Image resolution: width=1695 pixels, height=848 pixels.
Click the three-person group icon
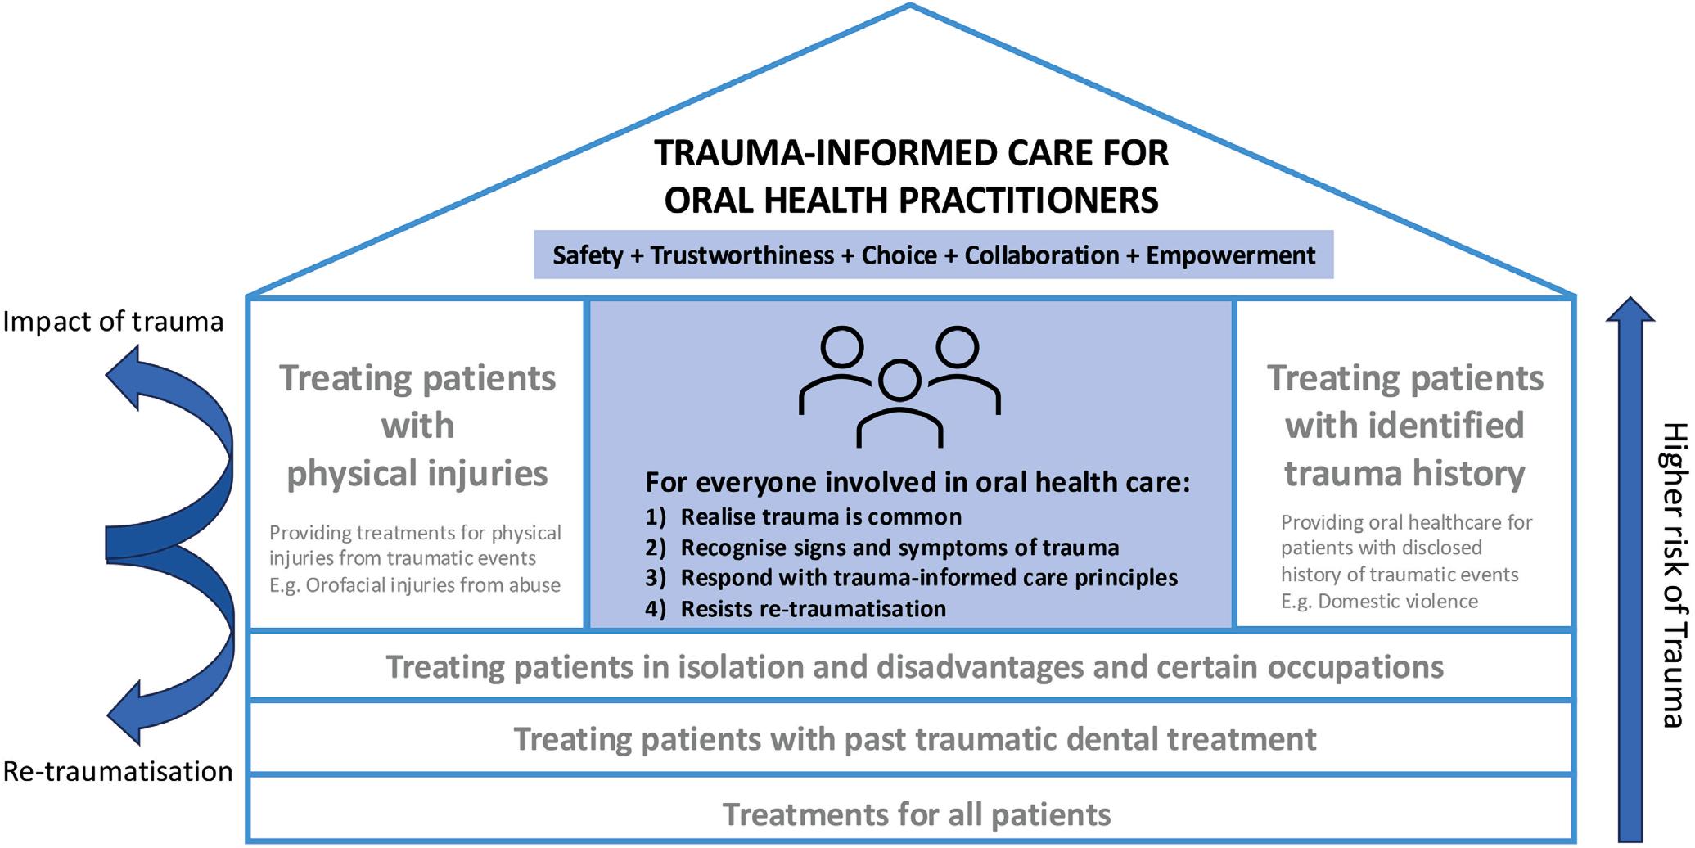pos(899,386)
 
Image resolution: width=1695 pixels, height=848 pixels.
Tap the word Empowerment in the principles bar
pos(1231,255)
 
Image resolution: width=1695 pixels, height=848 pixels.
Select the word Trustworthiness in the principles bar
pos(742,255)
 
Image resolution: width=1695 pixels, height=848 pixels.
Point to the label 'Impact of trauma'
pos(113,322)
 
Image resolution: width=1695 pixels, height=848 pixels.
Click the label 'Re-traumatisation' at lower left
pos(118,771)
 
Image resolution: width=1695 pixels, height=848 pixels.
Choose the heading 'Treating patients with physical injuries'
pos(417,426)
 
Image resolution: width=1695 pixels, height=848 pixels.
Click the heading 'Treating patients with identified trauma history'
pos(1405,426)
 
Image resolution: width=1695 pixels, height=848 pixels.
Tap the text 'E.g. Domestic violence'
pos(1379,602)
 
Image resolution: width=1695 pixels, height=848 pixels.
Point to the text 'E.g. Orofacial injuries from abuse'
pos(415,585)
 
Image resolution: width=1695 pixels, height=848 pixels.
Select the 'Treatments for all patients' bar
pos(911,809)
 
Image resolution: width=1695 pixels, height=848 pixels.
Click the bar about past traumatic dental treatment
pos(911,737)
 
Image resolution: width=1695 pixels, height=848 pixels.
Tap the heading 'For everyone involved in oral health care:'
pos(917,482)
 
